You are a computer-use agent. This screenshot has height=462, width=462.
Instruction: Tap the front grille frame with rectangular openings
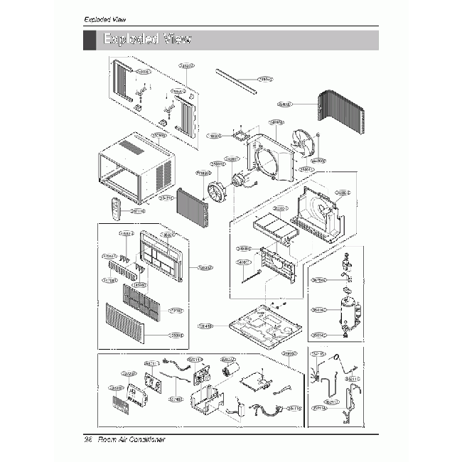tap(161, 255)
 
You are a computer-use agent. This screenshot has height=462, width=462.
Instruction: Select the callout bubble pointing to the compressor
tap(318, 310)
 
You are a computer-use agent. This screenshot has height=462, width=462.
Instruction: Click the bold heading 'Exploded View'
tap(147, 39)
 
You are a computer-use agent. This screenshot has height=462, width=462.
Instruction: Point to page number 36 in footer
tap(88, 441)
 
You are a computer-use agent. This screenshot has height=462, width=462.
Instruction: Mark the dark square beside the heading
tap(89, 40)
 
